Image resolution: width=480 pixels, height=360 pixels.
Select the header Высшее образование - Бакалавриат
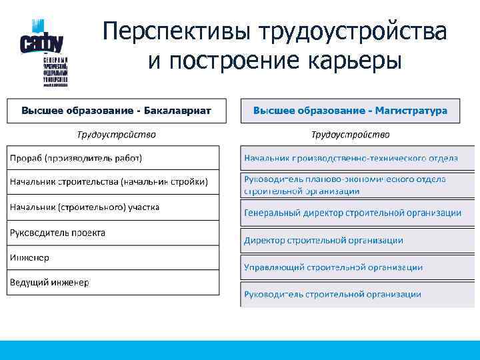[x=116, y=111]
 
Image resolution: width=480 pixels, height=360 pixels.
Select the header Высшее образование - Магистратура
[x=350, y=111]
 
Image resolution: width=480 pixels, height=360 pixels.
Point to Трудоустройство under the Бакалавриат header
[x=116, y=135]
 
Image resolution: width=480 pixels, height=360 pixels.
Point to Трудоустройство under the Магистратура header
[x=350, y=135]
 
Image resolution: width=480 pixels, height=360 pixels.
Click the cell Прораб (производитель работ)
[x=113, y=158]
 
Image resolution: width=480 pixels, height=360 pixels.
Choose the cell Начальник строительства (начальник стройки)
[x=113, y=182]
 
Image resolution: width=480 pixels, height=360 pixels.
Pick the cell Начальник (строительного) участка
[x=113, y=207]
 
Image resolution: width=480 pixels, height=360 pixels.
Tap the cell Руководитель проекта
[x=113, y=233]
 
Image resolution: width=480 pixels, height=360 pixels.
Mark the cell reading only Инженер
[x=113, y=257]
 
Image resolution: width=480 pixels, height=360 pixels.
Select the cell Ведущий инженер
[x=113, y=283]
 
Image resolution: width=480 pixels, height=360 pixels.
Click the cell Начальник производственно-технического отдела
[x=350, y=158]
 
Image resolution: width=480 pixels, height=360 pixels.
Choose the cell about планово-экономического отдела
[x=350, y=185]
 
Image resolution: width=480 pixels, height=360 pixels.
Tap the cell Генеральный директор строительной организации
[x=350, y=213]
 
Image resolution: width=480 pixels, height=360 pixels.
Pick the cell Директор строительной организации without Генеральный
[x=350, y=240]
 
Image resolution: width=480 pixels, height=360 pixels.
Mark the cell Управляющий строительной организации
[x=350, y=267]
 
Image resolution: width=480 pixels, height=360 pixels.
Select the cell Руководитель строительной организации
[x=350, y=294]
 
